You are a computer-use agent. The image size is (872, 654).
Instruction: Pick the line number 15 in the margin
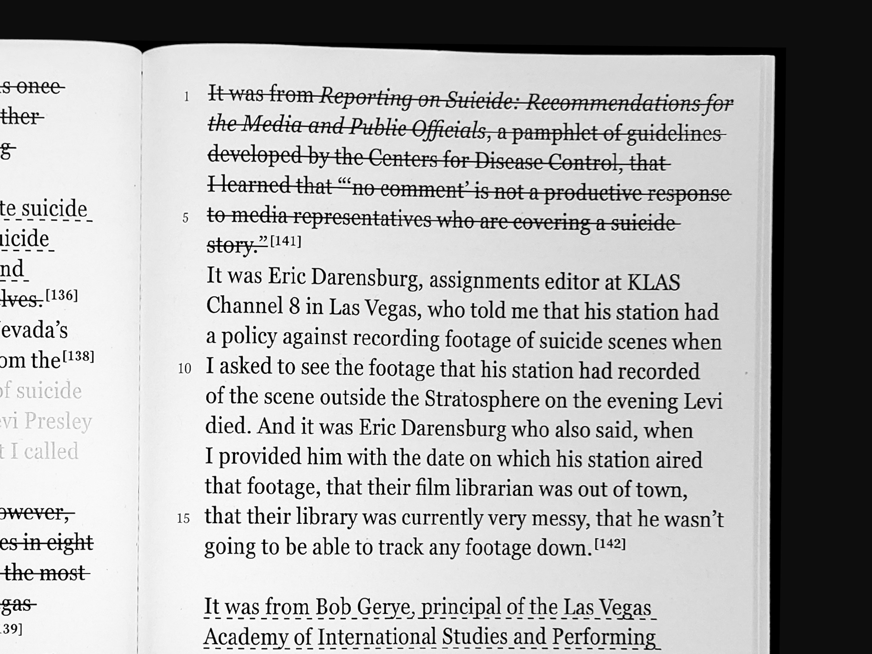click(x=183, y=518)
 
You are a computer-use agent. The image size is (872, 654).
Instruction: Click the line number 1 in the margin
click(x=186, y=96)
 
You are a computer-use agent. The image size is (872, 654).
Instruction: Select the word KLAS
click(x=653, y=282)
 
